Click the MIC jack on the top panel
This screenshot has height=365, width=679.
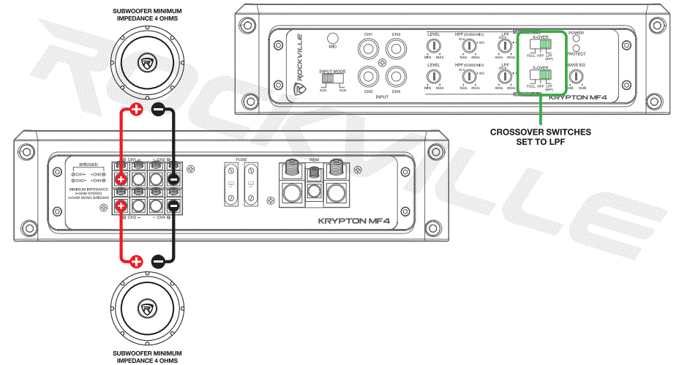tap(333, 39)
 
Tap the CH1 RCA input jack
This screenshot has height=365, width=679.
tap(368, 50)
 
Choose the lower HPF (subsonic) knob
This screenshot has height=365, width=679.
tap(468, 77)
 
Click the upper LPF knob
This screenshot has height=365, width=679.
tap(503, 46)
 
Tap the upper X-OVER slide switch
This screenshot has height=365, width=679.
tap(541, 46)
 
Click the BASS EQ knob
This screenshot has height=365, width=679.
tap(576, 76)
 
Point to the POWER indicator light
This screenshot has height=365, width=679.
tap(576, 40)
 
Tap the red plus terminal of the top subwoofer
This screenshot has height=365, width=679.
tap(136, 110)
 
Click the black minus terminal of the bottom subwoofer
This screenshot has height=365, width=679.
tap(158, 261)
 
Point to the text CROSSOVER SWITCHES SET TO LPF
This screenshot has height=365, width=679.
tap(541, 137)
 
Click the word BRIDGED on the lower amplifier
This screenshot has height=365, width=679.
tap(87, 165)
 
